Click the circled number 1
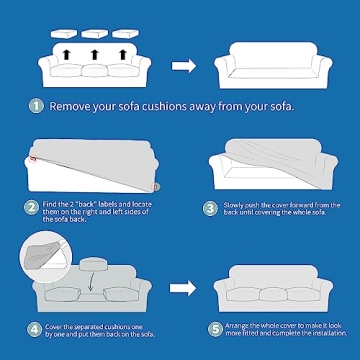(36, 105)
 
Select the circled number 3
(211, 209)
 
